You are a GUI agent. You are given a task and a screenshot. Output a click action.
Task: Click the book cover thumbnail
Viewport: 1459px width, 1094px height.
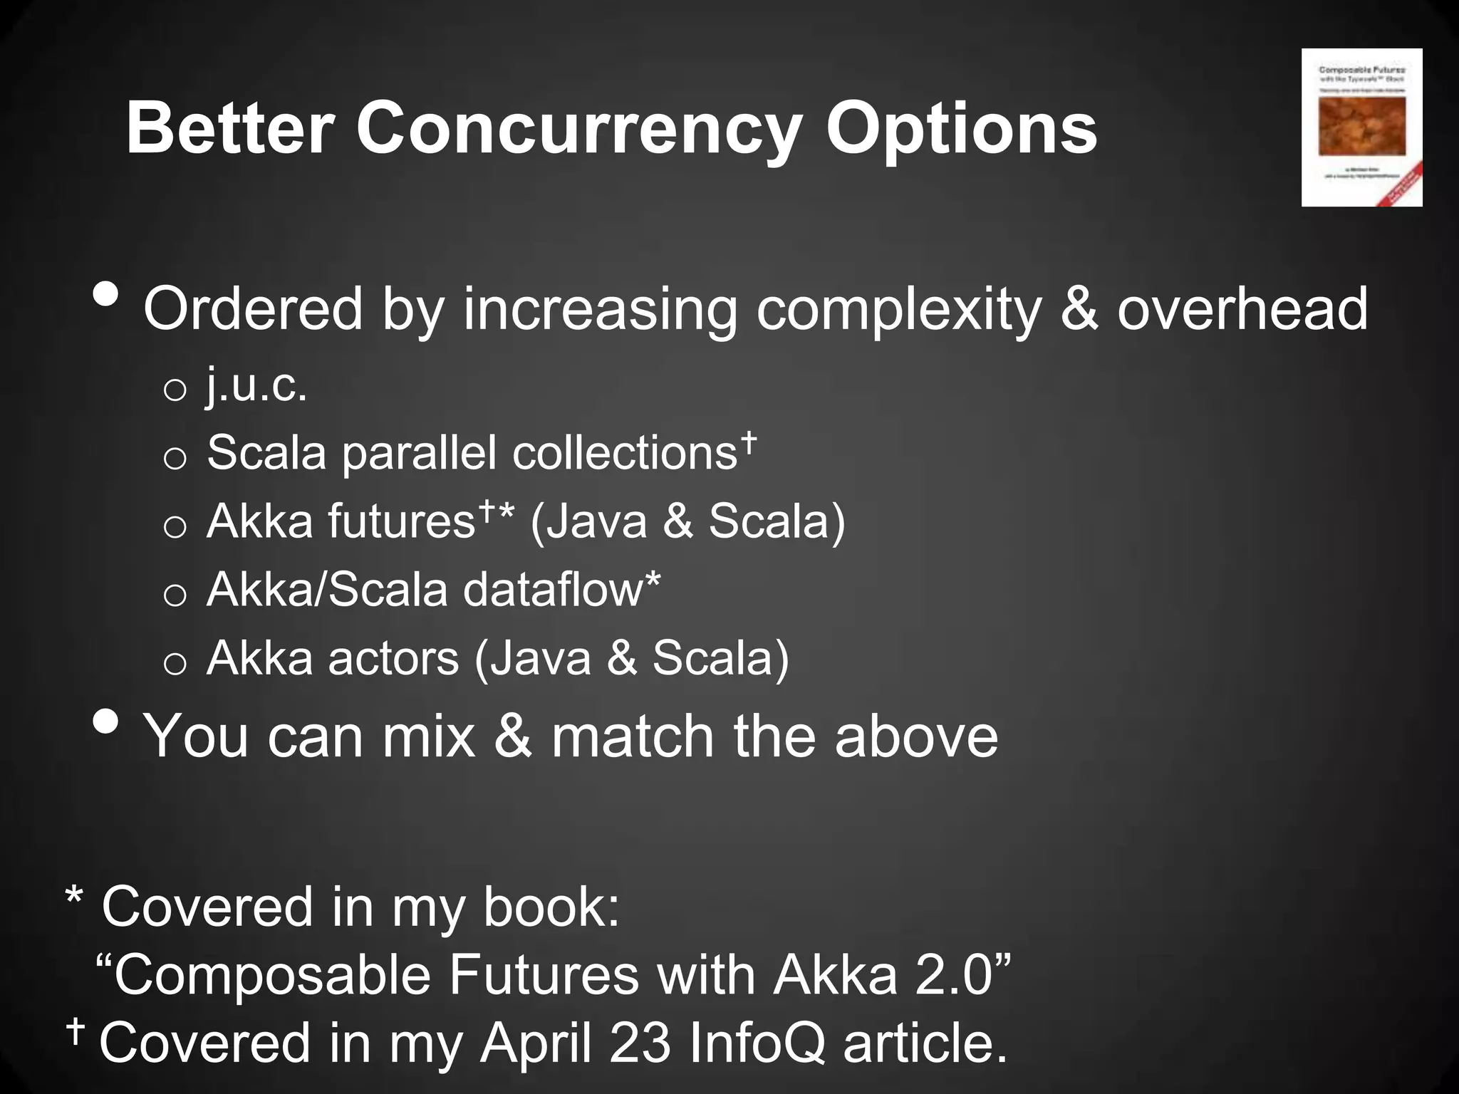(1361, 127)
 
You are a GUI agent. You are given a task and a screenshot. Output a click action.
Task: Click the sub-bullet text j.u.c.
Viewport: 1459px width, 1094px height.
(257, 386)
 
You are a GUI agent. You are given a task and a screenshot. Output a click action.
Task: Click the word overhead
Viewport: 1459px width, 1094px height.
(1242, 309)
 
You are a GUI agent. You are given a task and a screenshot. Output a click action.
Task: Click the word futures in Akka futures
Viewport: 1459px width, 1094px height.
(401, 521)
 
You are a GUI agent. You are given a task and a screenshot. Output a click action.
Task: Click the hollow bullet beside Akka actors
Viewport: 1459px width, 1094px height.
(175, 664)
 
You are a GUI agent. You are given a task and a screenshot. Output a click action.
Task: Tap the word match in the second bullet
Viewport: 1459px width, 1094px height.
(633, 736)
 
